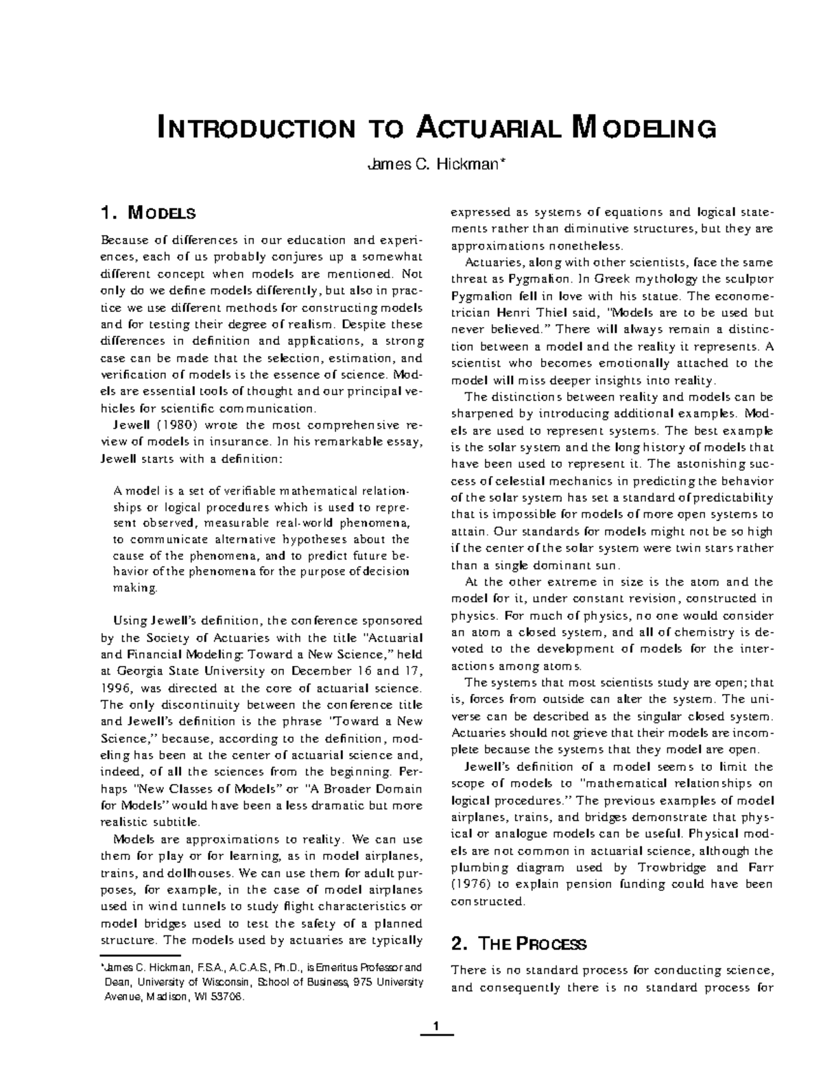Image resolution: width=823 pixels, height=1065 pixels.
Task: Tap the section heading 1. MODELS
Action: click(148, 213)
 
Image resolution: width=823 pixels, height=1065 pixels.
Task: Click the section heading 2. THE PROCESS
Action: click(518, 944)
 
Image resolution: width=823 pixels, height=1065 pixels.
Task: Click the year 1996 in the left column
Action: click(116, 688)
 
